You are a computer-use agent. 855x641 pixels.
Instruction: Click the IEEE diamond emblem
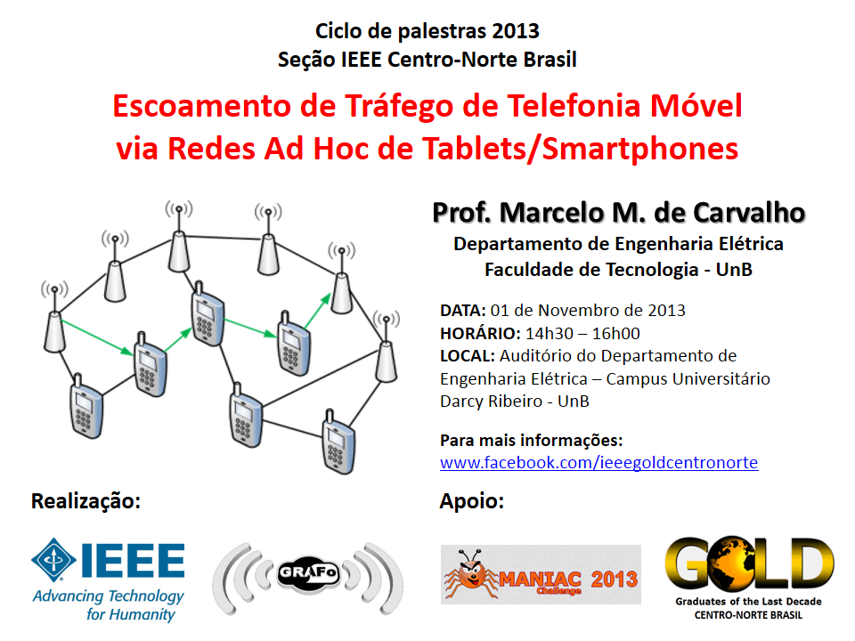coord(53,560)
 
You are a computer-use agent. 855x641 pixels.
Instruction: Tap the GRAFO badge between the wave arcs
coord(309,573)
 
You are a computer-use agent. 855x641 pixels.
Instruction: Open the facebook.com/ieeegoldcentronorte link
coord(598,463)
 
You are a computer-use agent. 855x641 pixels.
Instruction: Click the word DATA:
coord(462,311)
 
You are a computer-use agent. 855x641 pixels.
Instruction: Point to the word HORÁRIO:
coord(480,334)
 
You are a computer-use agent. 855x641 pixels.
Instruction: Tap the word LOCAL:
coord(468,356)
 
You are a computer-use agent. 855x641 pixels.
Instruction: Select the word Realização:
coord(85,501)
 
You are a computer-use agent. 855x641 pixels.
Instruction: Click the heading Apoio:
coord(472,501)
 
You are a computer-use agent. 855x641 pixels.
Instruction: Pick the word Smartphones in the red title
coord(640,149)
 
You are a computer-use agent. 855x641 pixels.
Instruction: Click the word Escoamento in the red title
coord(202,105)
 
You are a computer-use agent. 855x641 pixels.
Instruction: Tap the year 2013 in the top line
coord(516,31)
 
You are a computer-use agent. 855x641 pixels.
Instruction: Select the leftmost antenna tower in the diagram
coord(54,317)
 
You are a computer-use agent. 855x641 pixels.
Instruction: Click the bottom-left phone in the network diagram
coord(85,407)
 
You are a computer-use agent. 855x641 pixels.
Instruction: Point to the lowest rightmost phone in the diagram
coord(338,442)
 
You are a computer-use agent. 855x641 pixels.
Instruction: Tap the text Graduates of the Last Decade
coord(748,602)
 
